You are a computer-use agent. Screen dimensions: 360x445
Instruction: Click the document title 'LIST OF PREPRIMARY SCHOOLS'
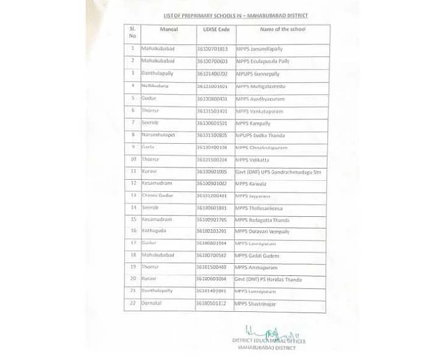(235, 15)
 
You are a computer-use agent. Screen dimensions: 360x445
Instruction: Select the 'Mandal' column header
(168, 29)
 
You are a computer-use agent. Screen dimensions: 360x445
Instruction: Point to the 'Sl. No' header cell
(132, 32)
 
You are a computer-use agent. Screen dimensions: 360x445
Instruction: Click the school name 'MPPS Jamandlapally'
(259, 49)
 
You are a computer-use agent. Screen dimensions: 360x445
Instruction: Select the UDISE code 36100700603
(212, 62)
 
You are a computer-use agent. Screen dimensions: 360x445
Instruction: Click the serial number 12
(132, 183)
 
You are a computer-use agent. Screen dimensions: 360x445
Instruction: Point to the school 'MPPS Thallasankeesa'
(259, 208)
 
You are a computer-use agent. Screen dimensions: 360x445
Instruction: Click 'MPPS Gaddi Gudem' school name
(257, 256)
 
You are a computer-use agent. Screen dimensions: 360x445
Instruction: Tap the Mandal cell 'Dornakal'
(152, 303)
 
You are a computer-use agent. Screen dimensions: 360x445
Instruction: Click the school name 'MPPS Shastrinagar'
(256, 303)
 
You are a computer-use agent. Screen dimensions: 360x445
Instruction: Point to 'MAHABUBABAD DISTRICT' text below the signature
(266, 348)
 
